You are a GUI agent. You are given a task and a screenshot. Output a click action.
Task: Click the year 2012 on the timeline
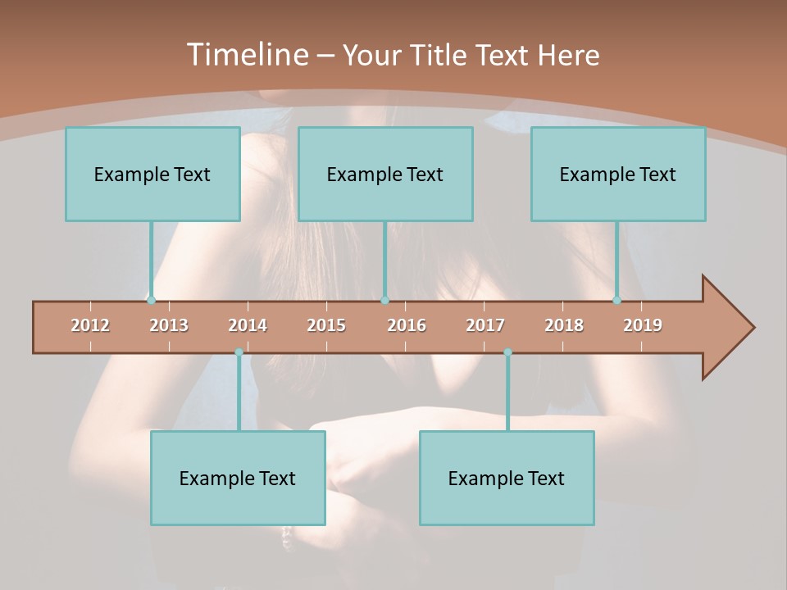point(90,326)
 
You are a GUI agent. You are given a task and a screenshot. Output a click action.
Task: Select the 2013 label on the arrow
point(169,326)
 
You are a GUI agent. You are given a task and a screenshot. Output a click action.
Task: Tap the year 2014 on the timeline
point(248,326)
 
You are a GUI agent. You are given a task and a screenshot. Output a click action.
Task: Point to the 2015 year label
point(326,326)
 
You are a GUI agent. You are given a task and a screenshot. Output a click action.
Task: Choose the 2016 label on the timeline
point(407,326)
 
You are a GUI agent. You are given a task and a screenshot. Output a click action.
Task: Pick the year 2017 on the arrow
point(485,326)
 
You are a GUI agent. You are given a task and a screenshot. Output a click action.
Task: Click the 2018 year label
point(564,326)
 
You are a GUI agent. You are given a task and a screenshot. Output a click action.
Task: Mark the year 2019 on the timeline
point(643,326)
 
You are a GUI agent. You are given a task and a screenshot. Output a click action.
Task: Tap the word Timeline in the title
point(245,55)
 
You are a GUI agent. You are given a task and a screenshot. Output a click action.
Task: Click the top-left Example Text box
point(152,175)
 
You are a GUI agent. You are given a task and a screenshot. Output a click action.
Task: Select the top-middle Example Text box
point(385,175)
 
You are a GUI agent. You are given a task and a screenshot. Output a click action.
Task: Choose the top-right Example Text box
point(618,175)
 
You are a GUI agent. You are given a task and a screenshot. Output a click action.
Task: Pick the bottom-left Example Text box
point(238,479)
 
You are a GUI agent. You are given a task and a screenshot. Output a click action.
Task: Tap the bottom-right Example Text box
point(507,479)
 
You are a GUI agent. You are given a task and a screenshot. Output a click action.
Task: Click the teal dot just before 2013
point(151,301)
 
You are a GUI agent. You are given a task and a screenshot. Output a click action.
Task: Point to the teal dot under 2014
point(239,352)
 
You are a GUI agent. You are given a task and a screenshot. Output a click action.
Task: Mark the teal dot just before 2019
point(616,301)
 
